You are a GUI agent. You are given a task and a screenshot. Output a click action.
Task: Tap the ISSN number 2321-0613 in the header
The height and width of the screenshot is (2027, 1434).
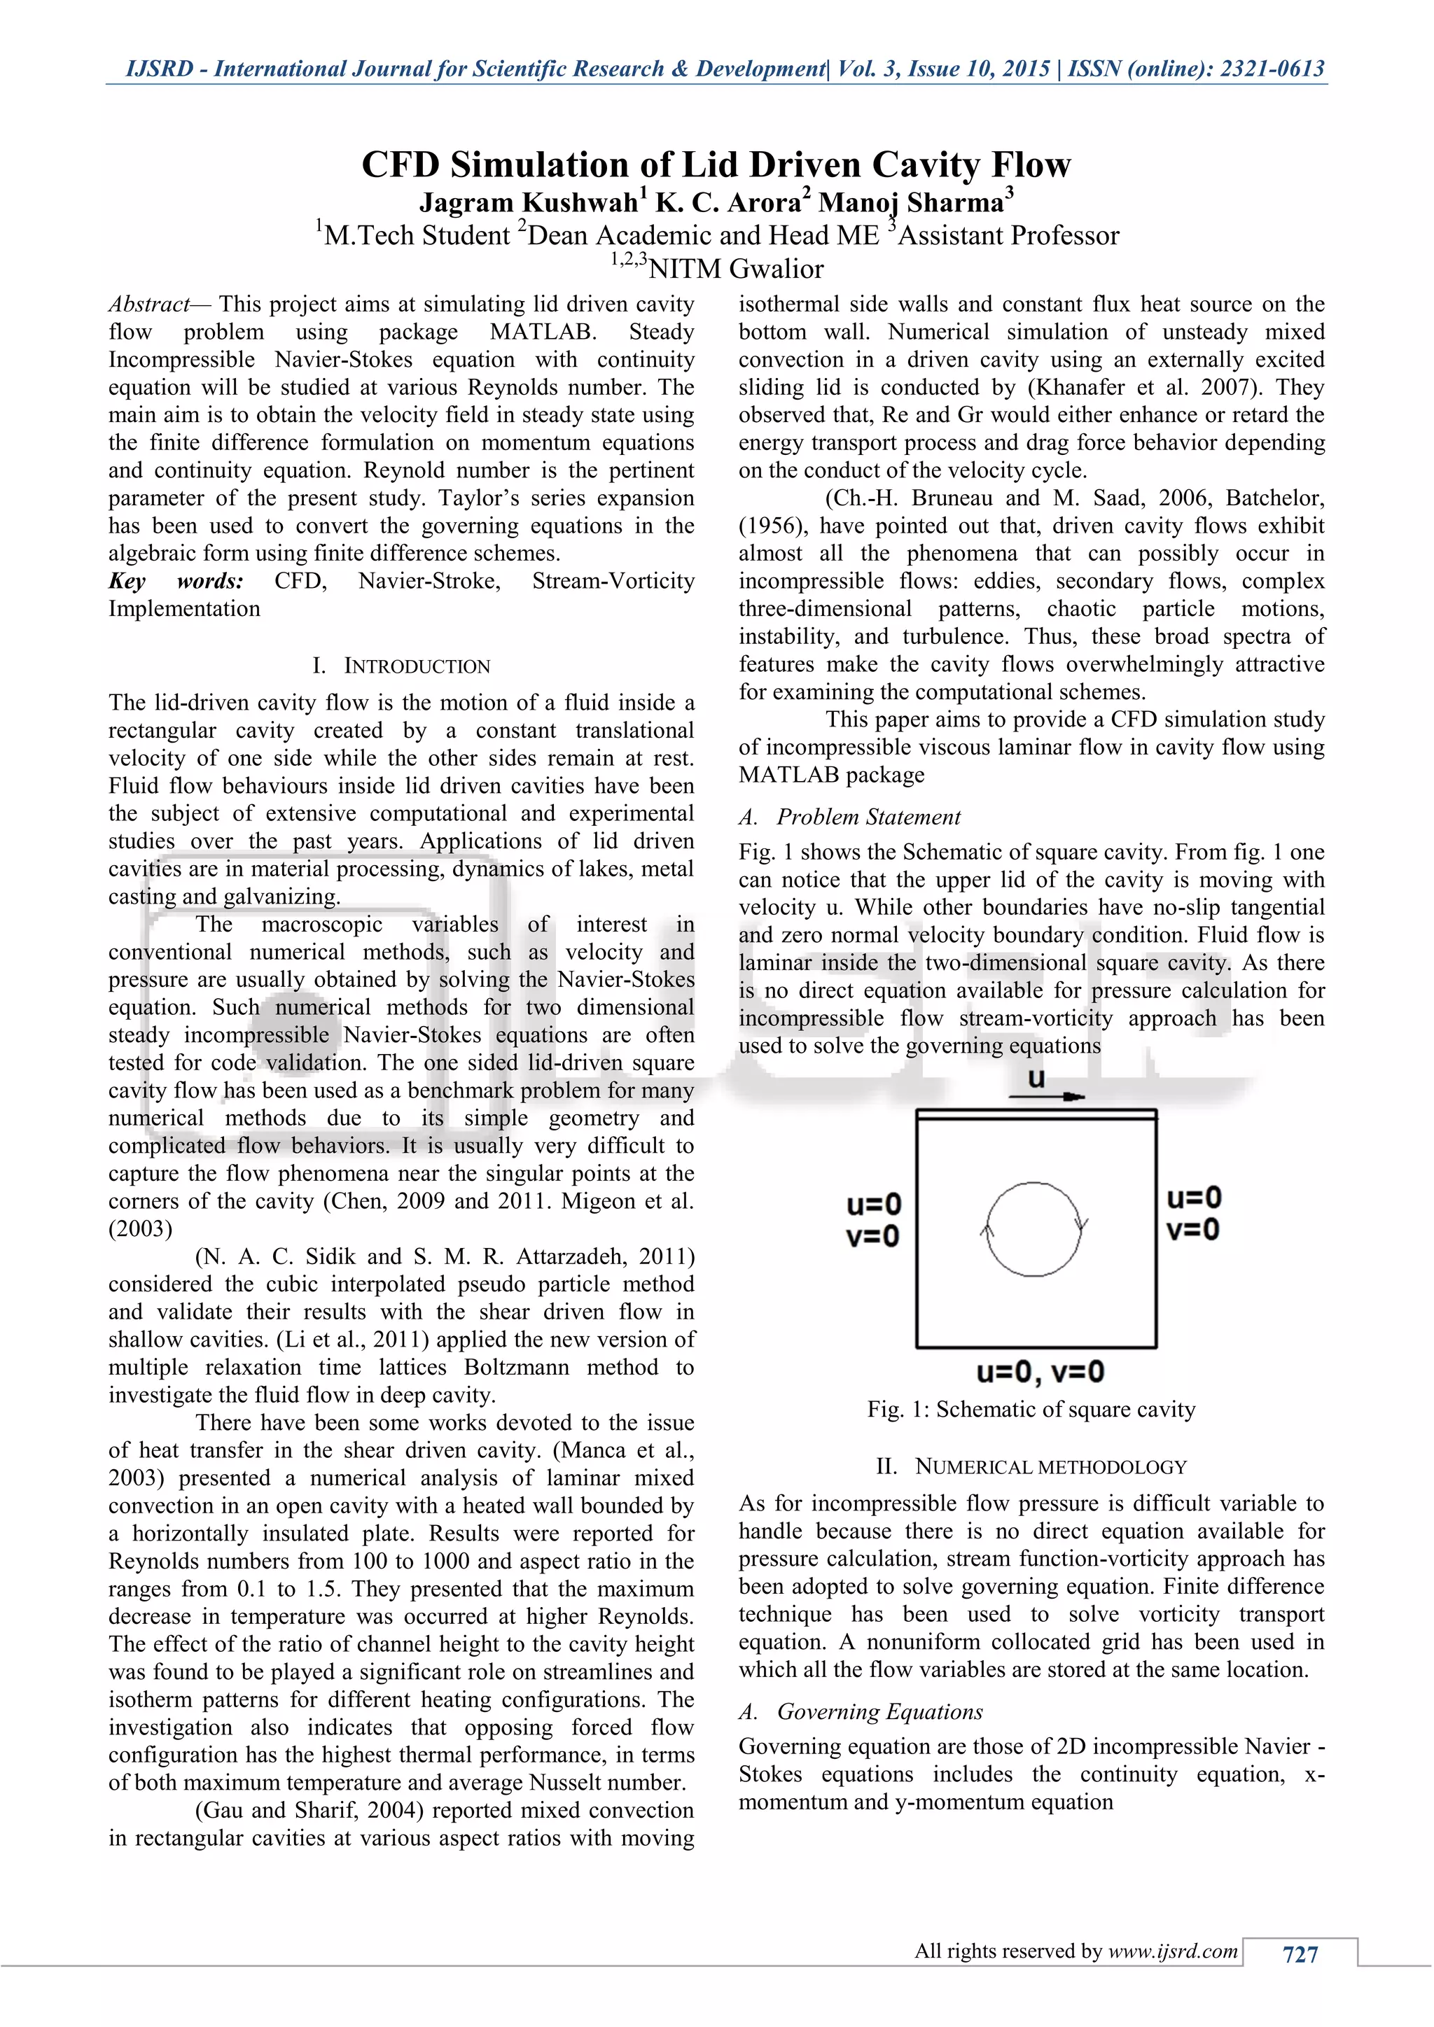[x=1272, y=69]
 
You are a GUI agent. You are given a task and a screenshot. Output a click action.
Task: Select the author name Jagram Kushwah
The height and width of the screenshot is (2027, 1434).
[x=528, y=203]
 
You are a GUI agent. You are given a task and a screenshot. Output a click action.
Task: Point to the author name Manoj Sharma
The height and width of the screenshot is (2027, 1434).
[x=910, y=203]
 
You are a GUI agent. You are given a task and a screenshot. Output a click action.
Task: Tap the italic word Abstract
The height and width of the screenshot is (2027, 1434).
[x=148, y=304]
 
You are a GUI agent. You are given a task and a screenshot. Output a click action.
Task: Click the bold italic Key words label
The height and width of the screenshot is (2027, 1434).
[x=176, y=581]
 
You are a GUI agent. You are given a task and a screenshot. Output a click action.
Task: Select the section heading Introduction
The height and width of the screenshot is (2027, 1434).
[x=416, y=666]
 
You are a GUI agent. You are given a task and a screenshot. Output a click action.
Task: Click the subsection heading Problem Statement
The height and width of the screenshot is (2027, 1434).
[x=868, y=817]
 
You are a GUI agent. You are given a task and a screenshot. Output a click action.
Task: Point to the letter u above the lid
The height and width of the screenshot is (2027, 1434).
[x=1037, y=1078]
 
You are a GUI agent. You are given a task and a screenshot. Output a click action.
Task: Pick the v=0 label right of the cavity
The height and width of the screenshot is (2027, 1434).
[x=1193, y=1229]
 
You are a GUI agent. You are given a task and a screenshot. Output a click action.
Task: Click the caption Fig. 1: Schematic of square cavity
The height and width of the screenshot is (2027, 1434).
[x=1031, y=1409]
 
